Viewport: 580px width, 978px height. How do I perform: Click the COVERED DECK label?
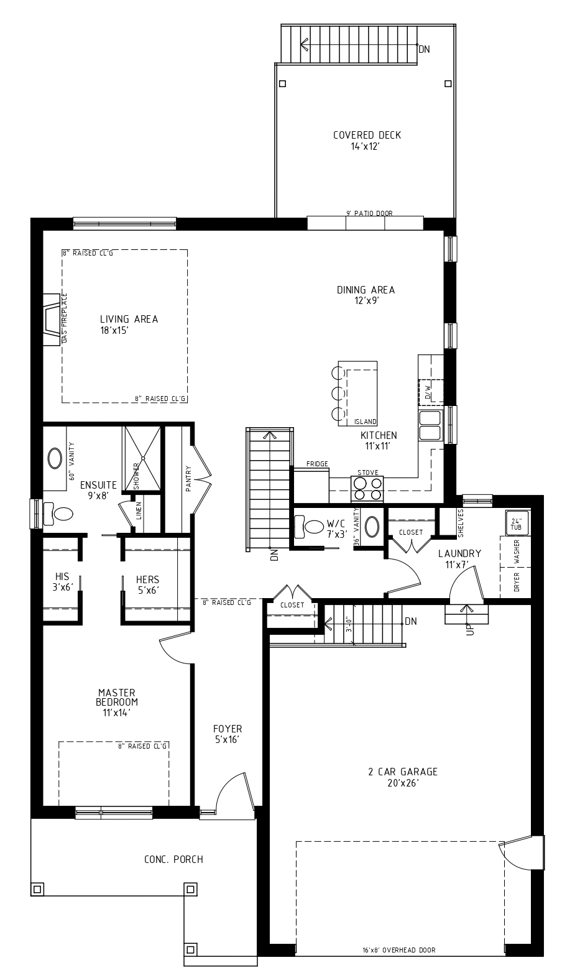[x=367, y=136]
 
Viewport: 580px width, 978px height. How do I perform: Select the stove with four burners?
[x=367, y=488]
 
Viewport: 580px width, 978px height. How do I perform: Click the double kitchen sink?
[x=430, y=425]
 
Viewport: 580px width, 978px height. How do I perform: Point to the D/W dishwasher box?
[x=429, y=391]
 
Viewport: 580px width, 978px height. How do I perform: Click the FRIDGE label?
[x=317, y=464]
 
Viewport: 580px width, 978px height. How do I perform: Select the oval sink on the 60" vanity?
[x=54, y=459]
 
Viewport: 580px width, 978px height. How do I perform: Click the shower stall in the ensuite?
[x=142, y=458]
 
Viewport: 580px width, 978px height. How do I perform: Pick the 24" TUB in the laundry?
[x=516, y=524]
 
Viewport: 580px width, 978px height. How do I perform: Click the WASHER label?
[x=517, y=551]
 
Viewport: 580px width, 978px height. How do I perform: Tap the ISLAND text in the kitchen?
[x=366, y=422]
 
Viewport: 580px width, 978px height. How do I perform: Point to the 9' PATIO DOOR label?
[x=369, y=214]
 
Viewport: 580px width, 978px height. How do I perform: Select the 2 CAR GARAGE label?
[x=403, y=772]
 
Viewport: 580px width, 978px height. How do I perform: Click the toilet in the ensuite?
[x=60, y=514]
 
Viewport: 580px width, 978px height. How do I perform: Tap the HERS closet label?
[x=148, y=579]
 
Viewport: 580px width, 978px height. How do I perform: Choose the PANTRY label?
[x=188, y=479]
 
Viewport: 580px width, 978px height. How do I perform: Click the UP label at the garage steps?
[x=469, y=629]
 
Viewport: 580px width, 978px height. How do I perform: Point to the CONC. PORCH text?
[x=173, y=859]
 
